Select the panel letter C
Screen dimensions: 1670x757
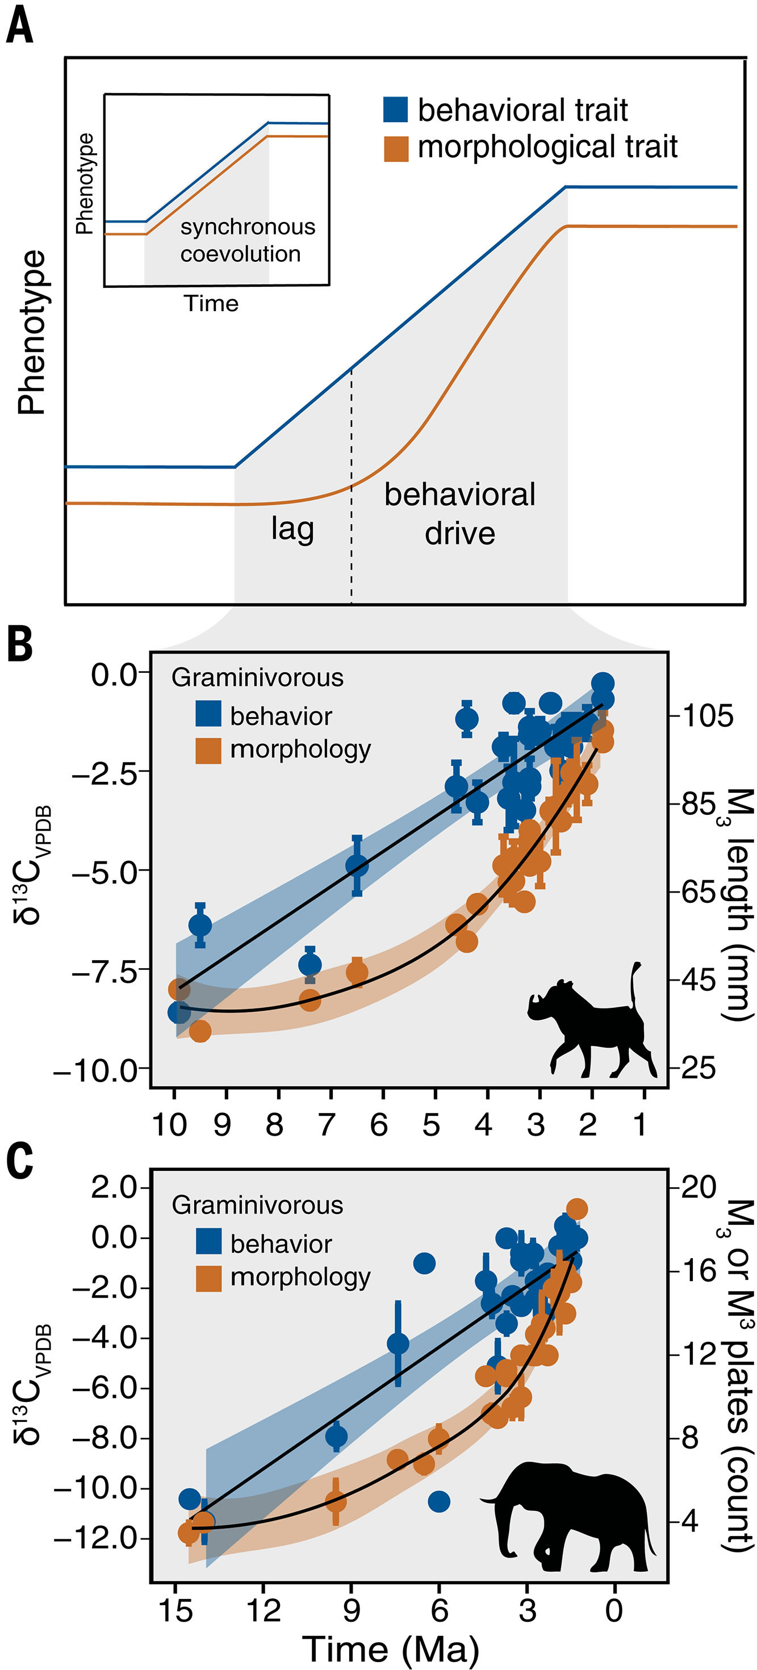tap(19, 1162)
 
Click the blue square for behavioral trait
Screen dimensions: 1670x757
tap(395, 110)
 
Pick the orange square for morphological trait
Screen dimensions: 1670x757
tap(395, 148)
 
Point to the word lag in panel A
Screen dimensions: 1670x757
tap(292, 529)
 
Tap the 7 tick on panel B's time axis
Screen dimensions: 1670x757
tap(327, 1124)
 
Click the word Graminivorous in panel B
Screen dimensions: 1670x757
tap(257, 677)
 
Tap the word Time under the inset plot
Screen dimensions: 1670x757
tap(211, 303)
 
